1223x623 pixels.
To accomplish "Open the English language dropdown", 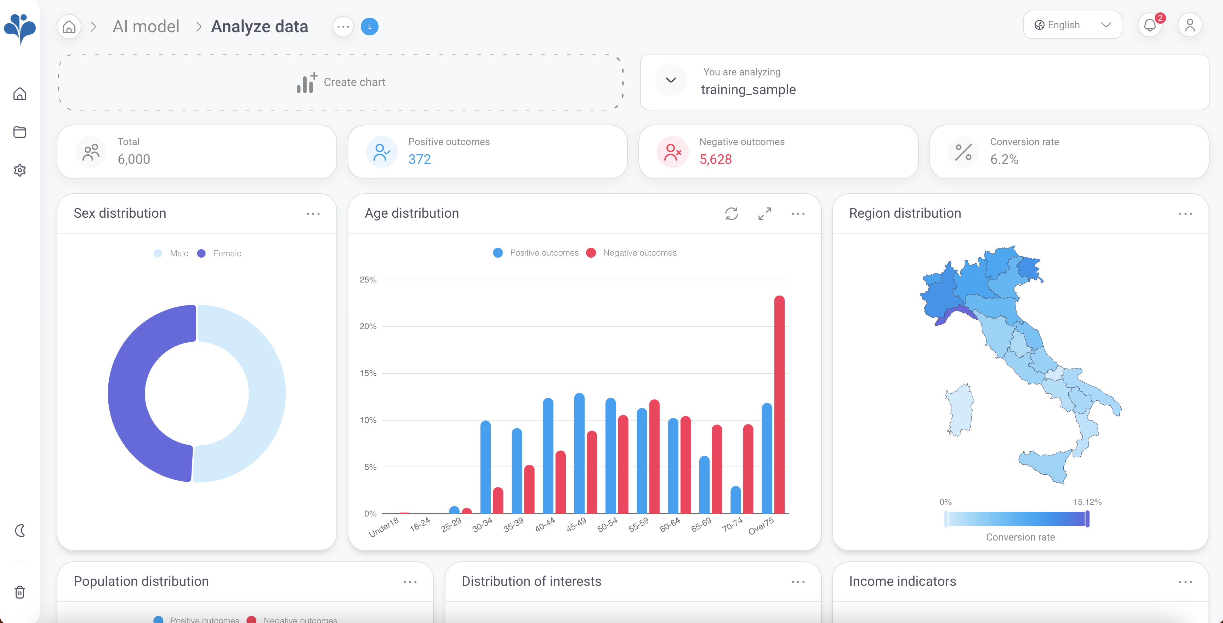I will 1072,25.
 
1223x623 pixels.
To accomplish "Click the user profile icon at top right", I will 1189,25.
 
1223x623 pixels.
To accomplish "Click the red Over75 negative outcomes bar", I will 779,403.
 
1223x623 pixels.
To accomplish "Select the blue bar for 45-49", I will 579,453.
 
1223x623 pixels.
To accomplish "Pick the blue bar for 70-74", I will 735,499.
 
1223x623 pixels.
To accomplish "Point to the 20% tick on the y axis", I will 368,326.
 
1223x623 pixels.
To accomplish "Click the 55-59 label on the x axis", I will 638,525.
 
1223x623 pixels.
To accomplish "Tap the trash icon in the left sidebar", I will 20,592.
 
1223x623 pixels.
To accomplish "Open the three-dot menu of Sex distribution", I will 313,214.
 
